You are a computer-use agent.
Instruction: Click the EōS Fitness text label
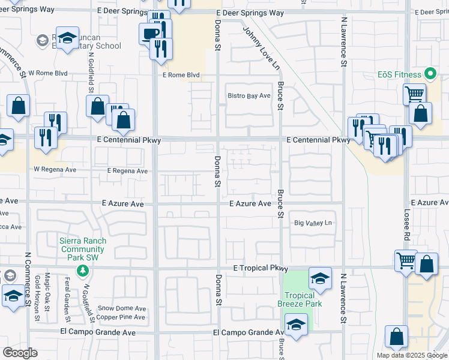400,75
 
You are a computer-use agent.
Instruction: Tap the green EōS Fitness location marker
429,74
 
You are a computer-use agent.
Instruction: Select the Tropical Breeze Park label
303,299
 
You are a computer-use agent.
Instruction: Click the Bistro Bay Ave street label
249,96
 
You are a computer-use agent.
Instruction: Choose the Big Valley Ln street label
313,223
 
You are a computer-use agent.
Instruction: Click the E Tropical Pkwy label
261,269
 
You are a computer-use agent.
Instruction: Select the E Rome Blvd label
181,76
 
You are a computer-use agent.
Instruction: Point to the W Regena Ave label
55,170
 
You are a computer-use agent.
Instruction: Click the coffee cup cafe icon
149,34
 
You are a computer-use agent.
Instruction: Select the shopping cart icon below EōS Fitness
414,94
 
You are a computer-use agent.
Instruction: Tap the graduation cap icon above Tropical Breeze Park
320,278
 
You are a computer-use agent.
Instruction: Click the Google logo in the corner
20,353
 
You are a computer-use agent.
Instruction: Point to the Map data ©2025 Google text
412,355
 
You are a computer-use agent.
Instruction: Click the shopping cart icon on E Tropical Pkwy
406,261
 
